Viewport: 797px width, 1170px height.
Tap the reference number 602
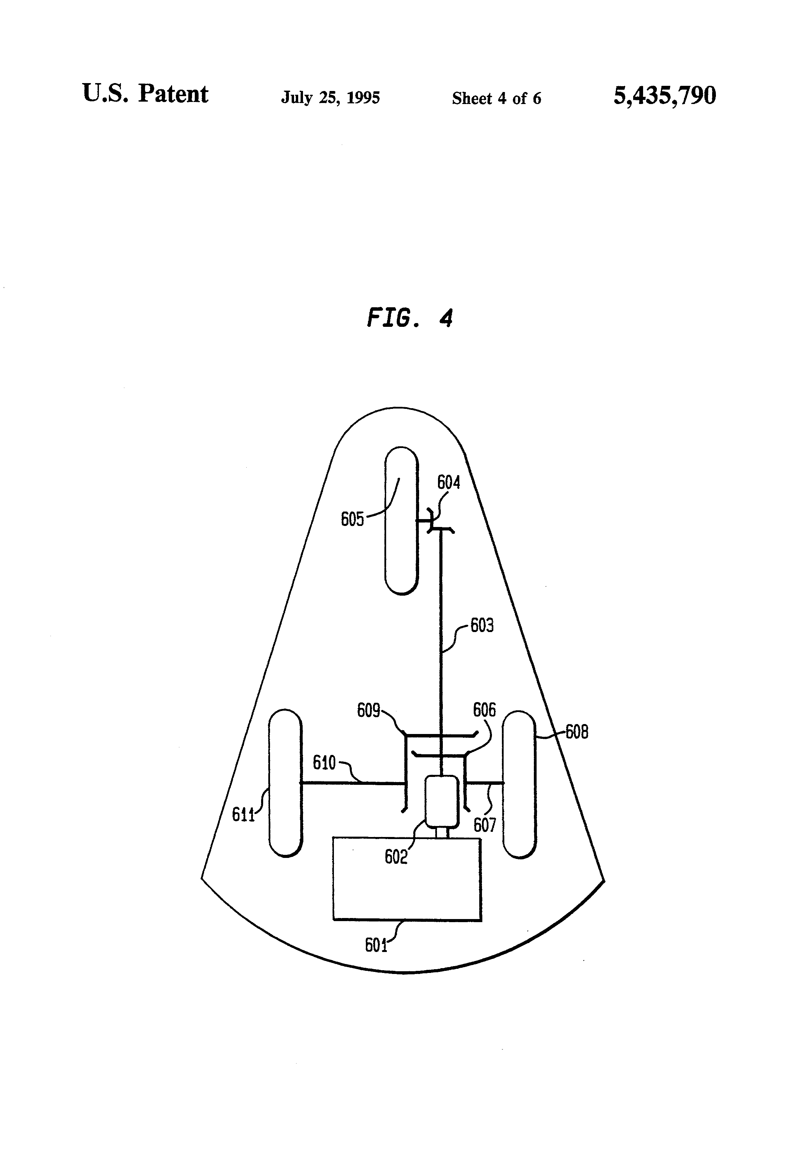pos(395,856)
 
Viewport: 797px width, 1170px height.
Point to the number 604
pos(448,483)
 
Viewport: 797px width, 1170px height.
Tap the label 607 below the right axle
pos(485,825)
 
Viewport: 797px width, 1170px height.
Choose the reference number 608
pos(577,732)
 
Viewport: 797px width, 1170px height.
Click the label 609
pos(368,710)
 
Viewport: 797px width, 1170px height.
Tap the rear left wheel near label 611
pos(285,783)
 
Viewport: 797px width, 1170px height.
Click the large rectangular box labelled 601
pos(407,879)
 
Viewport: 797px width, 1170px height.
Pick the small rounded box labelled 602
pos(442,802)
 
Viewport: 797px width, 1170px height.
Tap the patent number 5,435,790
pos(664,96)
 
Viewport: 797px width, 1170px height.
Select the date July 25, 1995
pos(330,97)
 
